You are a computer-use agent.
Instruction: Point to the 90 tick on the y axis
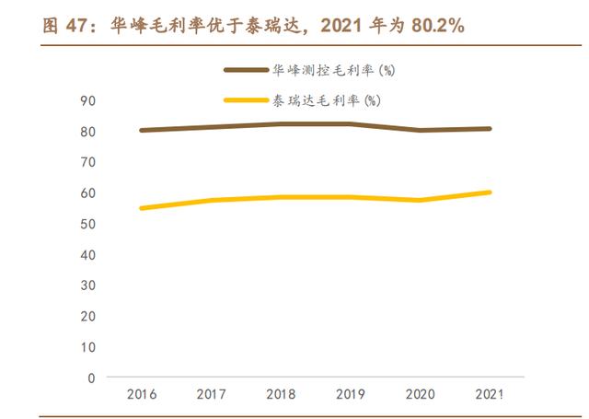[x=87, y=100]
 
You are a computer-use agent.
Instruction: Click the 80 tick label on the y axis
[x=87, y=131]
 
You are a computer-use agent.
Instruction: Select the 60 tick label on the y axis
[x=87, y=192]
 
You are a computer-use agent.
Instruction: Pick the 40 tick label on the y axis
[x=87, y=254]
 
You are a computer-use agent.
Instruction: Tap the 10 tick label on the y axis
[x=87, y=346]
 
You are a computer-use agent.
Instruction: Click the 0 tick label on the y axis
[x=91, y=378]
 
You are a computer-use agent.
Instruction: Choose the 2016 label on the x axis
[x=142, y=394]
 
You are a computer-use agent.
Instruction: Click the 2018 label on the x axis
[x=281, y=394]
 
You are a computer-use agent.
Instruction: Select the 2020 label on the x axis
[x=420, y=394]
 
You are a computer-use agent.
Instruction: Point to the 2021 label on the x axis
[x=490, y=394]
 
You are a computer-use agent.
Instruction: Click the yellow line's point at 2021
[x=490, y=192]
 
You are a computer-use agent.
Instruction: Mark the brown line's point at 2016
[x=142, y=130]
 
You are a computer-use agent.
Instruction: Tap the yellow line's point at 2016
[x=142, y=208]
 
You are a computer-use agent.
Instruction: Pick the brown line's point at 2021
[x=490, y=129]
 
